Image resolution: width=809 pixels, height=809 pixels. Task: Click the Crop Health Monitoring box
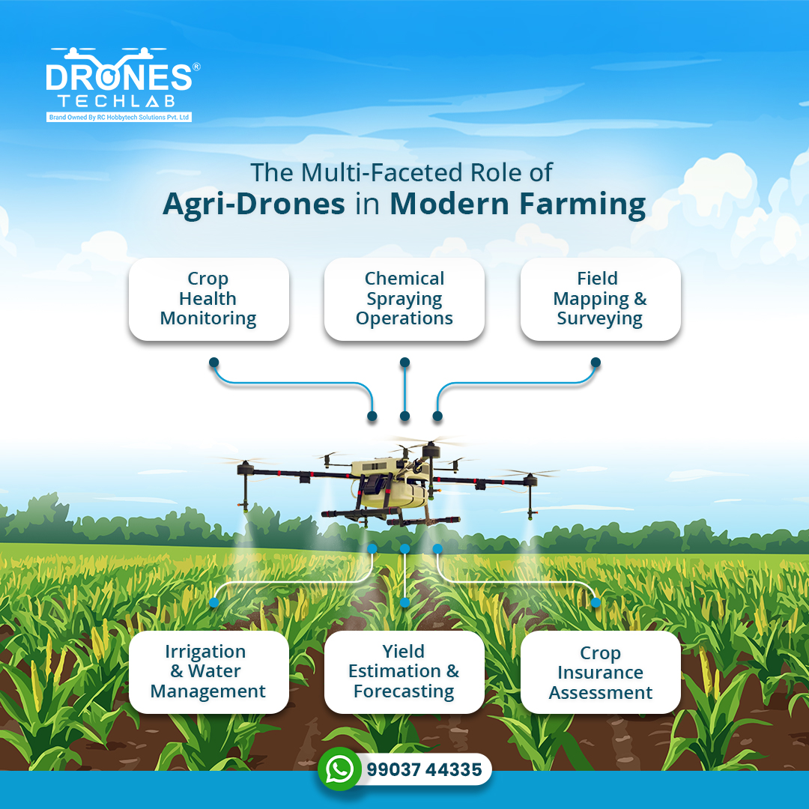[x=208, y=299]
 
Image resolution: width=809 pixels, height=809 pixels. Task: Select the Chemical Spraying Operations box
[x=404, y=299]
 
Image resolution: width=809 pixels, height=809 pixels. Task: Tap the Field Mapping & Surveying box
[x=600, y=299]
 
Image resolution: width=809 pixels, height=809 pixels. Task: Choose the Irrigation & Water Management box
[x=208, y=672]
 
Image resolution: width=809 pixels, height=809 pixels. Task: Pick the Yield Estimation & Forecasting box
[x=404, y=672]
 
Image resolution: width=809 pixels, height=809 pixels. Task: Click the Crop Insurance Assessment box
[x=600, y=673]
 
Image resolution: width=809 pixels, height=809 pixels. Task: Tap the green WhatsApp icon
[x=340, y=769]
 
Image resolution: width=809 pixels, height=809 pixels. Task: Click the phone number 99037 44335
[x=424, y=770]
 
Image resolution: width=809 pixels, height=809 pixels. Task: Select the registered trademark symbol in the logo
[x=196, y=67]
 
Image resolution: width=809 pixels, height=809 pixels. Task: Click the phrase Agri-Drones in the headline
[x=254, y=204]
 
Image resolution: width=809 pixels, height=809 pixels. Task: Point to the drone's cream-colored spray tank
[x=390, y=483]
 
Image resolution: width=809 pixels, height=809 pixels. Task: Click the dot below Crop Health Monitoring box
[x=213, y=363]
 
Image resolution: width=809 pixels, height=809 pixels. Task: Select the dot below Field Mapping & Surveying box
[x=596, y=363]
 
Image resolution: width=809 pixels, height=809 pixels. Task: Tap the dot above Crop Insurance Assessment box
[x=596, y=602]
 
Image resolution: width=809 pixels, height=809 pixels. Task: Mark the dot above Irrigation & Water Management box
[x=213, y=602]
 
